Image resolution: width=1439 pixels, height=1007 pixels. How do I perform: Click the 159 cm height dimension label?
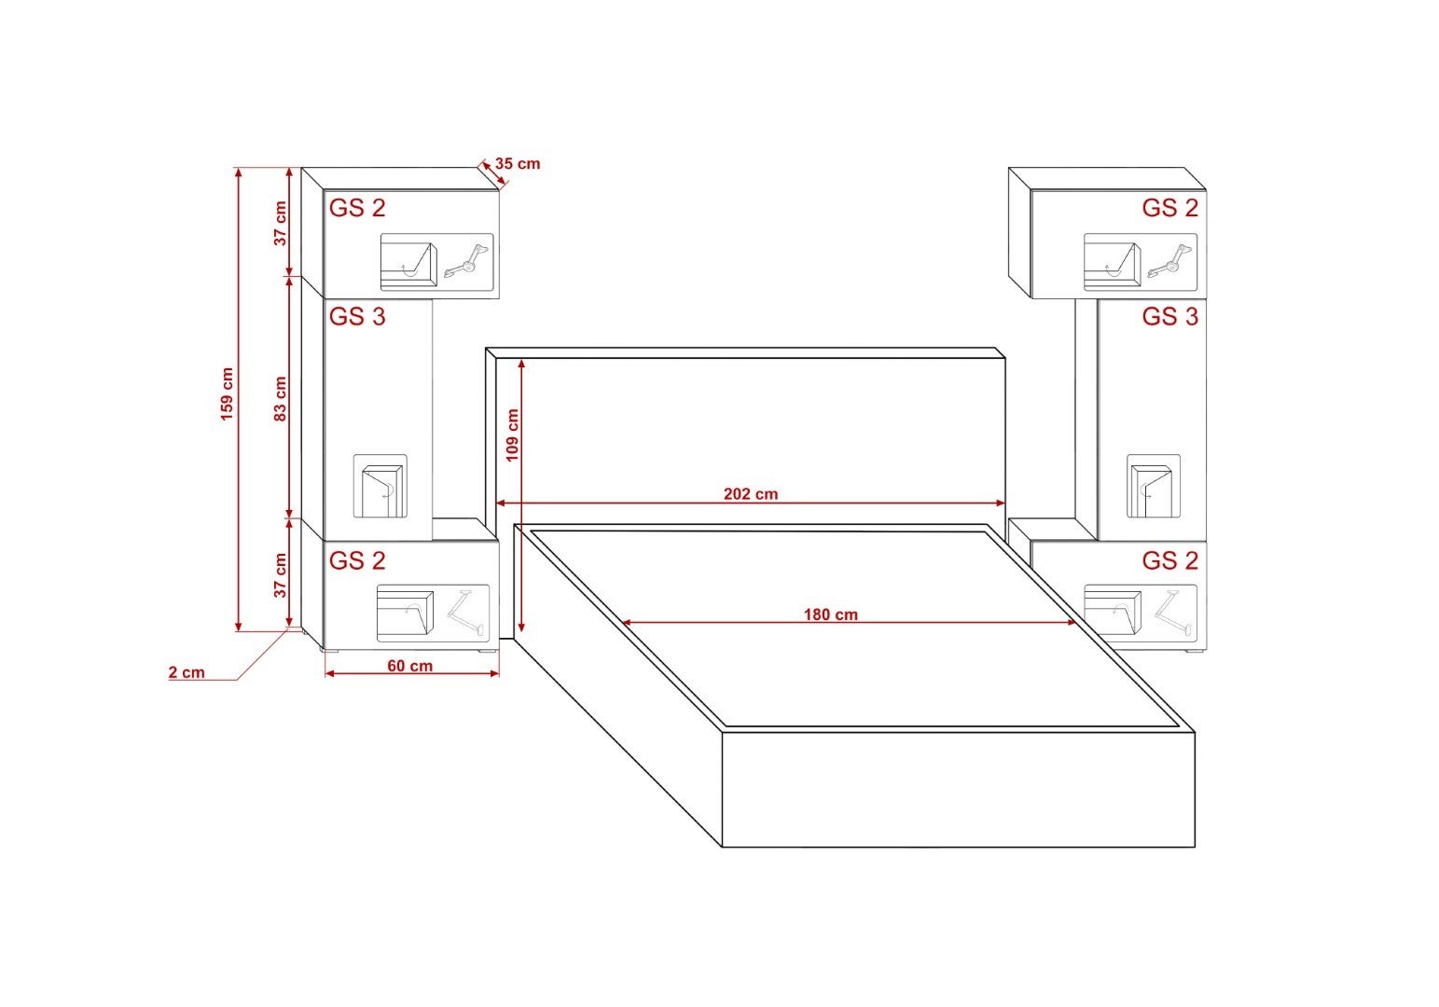(x=227, y=393)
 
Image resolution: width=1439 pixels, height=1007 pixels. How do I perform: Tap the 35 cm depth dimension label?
(x=518, y=164)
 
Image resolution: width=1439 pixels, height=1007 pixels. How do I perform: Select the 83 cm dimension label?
(x=280, y=398)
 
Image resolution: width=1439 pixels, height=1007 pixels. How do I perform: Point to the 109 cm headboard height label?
(x=512, y=435)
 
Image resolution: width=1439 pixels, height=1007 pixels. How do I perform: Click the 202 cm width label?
(x=750, y=494)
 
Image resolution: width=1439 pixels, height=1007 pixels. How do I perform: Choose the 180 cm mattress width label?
(x=830, y=614)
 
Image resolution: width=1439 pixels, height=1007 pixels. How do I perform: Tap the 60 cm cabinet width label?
(x=409, y=666)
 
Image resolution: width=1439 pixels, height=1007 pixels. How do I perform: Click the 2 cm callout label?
(x=187, y=672)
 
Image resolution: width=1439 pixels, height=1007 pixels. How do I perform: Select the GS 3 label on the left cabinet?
(x=357, y=317)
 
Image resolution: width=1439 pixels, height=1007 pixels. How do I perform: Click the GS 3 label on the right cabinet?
(x=1169, y=317)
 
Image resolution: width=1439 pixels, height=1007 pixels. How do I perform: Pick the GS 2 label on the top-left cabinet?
(x=357, y=208)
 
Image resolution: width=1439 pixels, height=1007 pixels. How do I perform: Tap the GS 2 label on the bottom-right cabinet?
(x=1169, y=560)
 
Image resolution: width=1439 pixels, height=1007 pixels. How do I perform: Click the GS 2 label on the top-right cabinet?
(x=1169, y=208)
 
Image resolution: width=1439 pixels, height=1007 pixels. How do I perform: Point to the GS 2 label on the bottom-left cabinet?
(x=357, y=560)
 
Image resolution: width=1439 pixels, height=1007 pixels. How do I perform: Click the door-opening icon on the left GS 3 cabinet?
(x=381, y=487)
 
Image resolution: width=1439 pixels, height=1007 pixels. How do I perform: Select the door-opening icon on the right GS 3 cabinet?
(x=1153, y=487)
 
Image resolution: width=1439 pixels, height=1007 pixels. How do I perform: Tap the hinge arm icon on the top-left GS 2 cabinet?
(x=467, y=262)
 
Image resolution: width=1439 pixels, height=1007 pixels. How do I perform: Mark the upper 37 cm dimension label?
(x=280, y=224)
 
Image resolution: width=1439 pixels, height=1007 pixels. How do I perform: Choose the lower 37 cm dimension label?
(x=280, y=575)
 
